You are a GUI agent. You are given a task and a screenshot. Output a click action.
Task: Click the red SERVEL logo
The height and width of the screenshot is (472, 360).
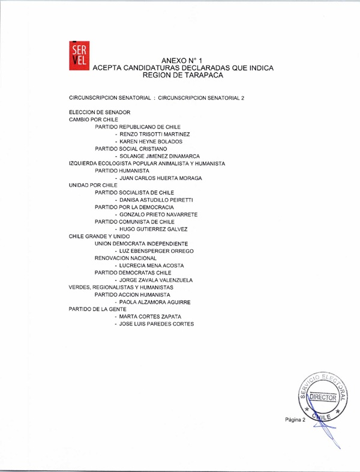(x=79, y=54)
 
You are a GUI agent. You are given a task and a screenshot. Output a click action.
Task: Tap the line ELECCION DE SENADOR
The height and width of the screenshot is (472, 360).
(x=100, y=112)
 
